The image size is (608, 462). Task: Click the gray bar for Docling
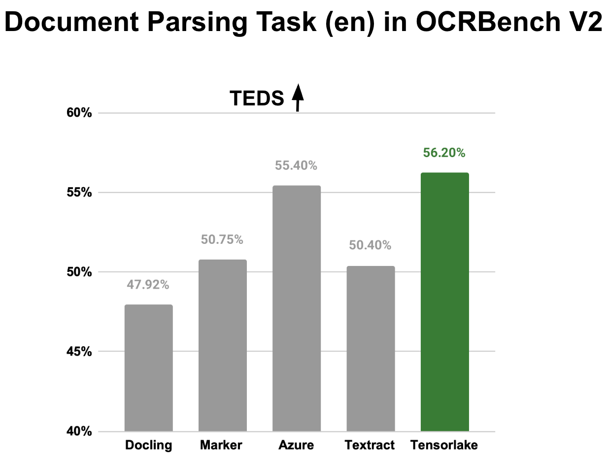tap(148, 368)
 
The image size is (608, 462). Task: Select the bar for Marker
tap(222, 345)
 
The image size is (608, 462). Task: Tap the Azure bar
tap(296, 308)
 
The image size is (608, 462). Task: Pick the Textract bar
tap(371, 349)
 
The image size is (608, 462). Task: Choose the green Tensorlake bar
tap(444, 302)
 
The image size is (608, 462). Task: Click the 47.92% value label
tap(148, 285)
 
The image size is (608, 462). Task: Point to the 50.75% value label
tap(222, 240)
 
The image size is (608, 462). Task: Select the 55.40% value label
tap(296, 166)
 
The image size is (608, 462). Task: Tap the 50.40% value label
tap(370, 245)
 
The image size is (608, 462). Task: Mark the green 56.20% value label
tap(444, 153)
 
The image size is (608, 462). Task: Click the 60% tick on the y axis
tap(79, 113)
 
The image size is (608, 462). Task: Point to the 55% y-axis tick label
tap(79, 193)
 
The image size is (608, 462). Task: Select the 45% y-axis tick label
tap(79, 352)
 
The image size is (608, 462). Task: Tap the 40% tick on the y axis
tap(79, 431)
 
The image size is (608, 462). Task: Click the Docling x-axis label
tap(148, 446)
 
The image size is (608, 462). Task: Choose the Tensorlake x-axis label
tap(444, 446)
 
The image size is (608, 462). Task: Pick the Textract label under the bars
tap(370, 446)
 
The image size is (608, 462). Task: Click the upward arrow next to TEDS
tap(298, 98)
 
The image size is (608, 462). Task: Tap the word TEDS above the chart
tap(257, 99)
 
